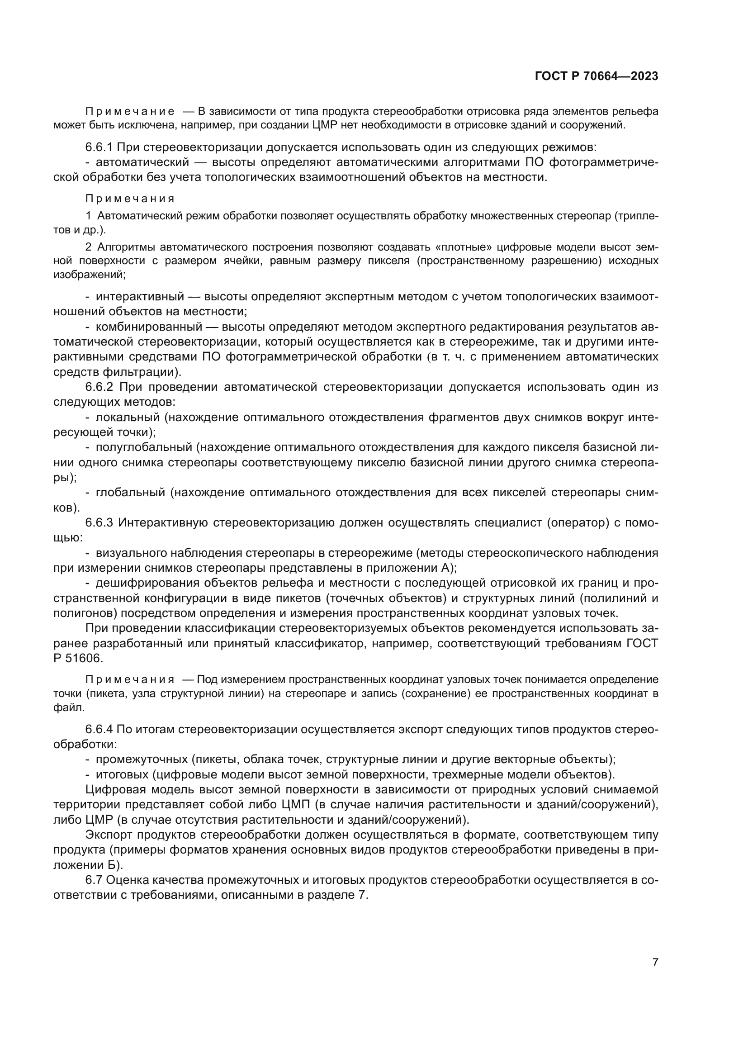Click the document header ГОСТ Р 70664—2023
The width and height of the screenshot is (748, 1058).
[597, 76]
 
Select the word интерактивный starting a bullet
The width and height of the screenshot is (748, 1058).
[140, 296]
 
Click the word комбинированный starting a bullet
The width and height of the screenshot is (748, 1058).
[149, 327]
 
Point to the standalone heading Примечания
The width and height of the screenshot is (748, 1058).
[130, 199]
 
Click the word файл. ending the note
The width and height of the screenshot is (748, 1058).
[69, 707]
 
